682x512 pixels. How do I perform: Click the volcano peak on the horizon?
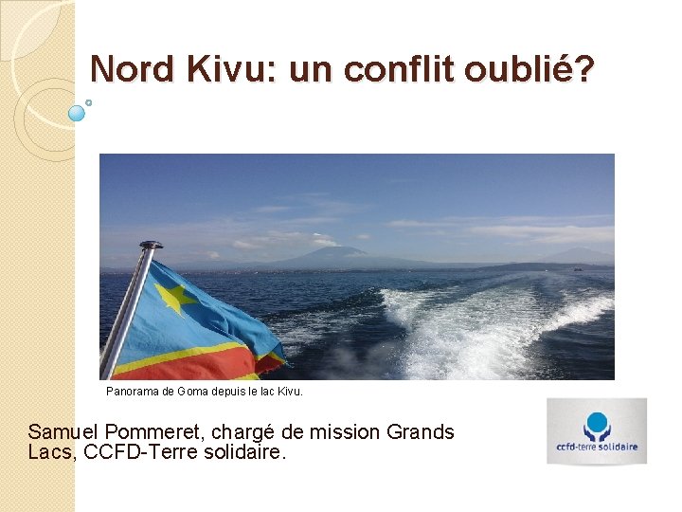pyautogui.click(x=340, y=251)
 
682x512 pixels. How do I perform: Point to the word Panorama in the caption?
pyautogui.click(x=133, y=391)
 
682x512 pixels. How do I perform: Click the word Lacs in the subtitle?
pyautogui.click(x=50, y=452)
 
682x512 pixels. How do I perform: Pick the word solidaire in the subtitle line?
pyautogui.click(x=242, y=452)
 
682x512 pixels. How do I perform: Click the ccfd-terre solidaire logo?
pyautogui.click(x=596, y=431)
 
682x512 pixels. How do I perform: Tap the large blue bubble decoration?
pyautogui.click(x=78, y=113)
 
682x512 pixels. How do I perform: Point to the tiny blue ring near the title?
pyautogui.click(x=89, y=101)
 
